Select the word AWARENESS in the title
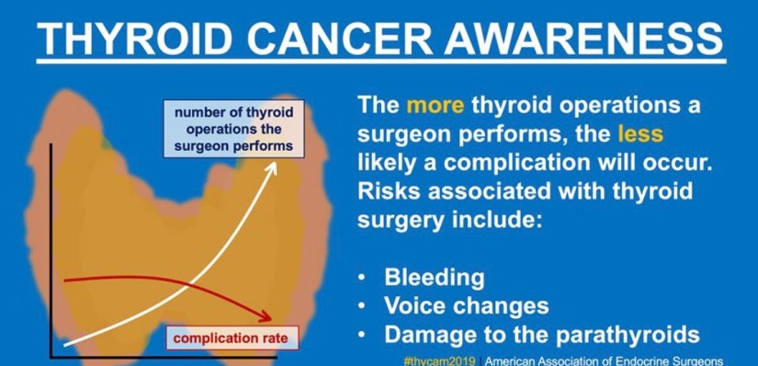point(583,39)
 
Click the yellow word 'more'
point(436,106)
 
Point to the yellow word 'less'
point(640,134)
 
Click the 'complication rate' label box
point(232,337)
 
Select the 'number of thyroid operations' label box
point(234,129)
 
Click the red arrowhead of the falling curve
point(265,316)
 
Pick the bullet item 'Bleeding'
point(434,278)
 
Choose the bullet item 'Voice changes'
point(467,305)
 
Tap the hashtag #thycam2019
point(439,361)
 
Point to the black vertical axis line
point(51,251)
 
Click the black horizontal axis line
point(164,358)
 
